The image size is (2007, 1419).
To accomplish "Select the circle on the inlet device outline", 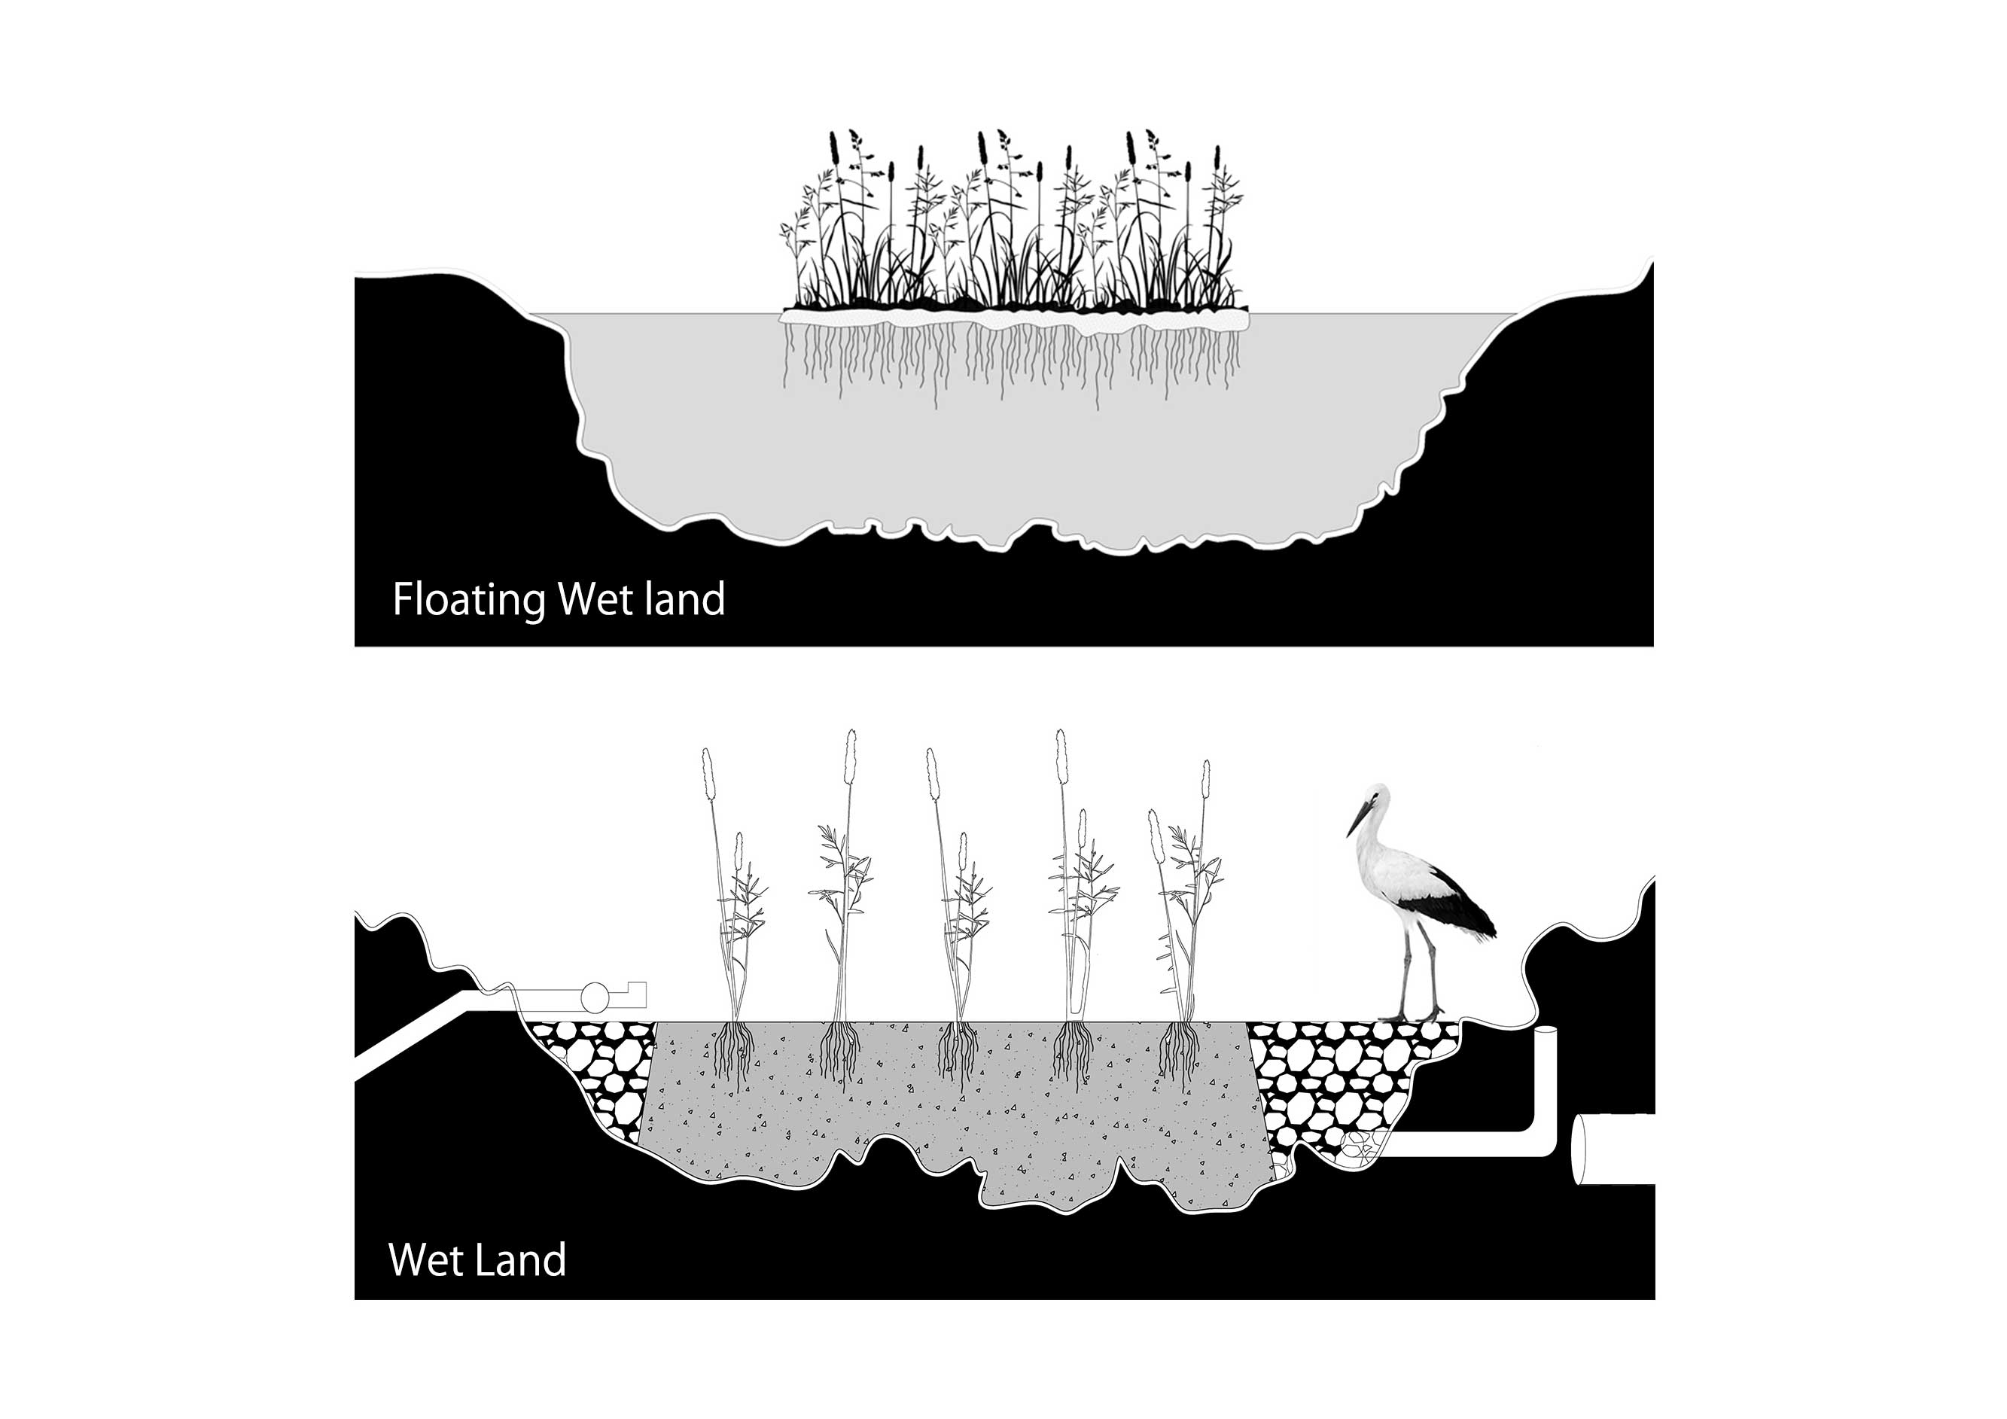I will point(598,997).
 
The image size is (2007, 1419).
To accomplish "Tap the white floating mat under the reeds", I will point(1014,320).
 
